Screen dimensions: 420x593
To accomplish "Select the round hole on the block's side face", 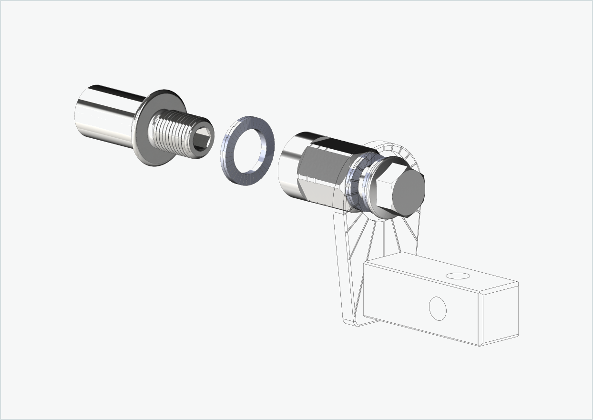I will point(438,308).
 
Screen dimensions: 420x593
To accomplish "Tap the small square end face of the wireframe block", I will point(500,315).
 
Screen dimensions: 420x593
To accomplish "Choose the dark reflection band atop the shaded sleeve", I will point(329,141).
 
